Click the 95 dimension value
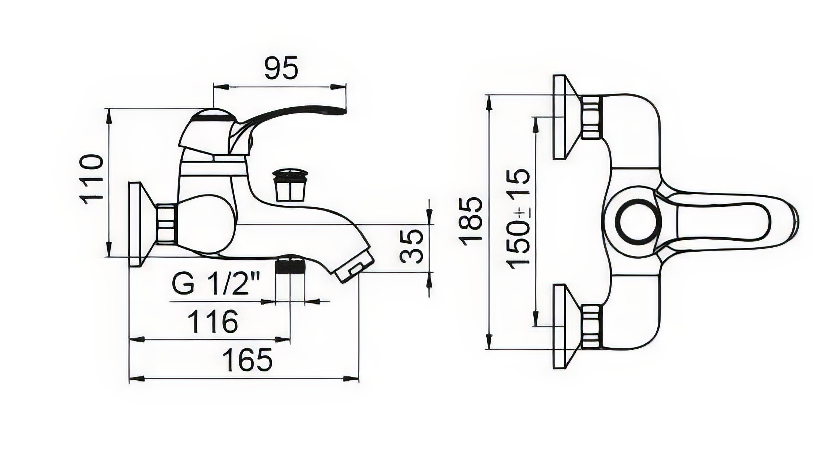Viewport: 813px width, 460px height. coord(281,69)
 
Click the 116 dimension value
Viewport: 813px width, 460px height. coord(213,321)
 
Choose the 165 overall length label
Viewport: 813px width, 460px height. coord(248,359)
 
